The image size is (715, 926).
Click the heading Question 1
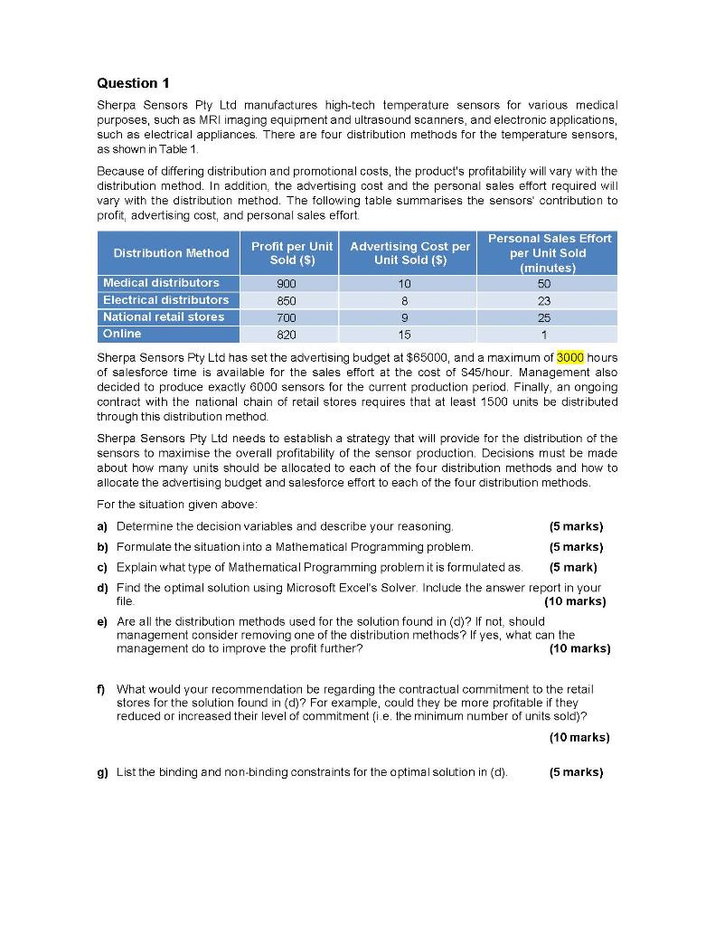(x=133, y=83)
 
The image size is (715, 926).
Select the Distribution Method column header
(x=171, y=253)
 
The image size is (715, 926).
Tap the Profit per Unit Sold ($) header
(x=292, y=253)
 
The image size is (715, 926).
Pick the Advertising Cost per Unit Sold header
(x=410, y=253)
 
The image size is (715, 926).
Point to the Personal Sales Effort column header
(x=549, y=253)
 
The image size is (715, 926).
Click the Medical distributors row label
(x=161, y=283)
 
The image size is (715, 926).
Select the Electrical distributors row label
(x=165, y=300)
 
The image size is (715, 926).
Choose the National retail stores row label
(x=163, y=317)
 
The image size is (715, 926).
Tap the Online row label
(x=122, y=335)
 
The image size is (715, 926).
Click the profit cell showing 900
(x=288, y=283)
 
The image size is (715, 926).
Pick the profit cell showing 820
(x=288, y=335)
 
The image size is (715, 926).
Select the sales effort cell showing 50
(x=543, y=283)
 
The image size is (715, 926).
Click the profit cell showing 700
(x=288, y=317)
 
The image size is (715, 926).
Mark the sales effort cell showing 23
(x=543, y=300)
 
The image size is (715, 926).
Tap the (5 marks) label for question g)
(x=576, y=772)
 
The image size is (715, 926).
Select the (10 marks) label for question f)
(x=579, y=737)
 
